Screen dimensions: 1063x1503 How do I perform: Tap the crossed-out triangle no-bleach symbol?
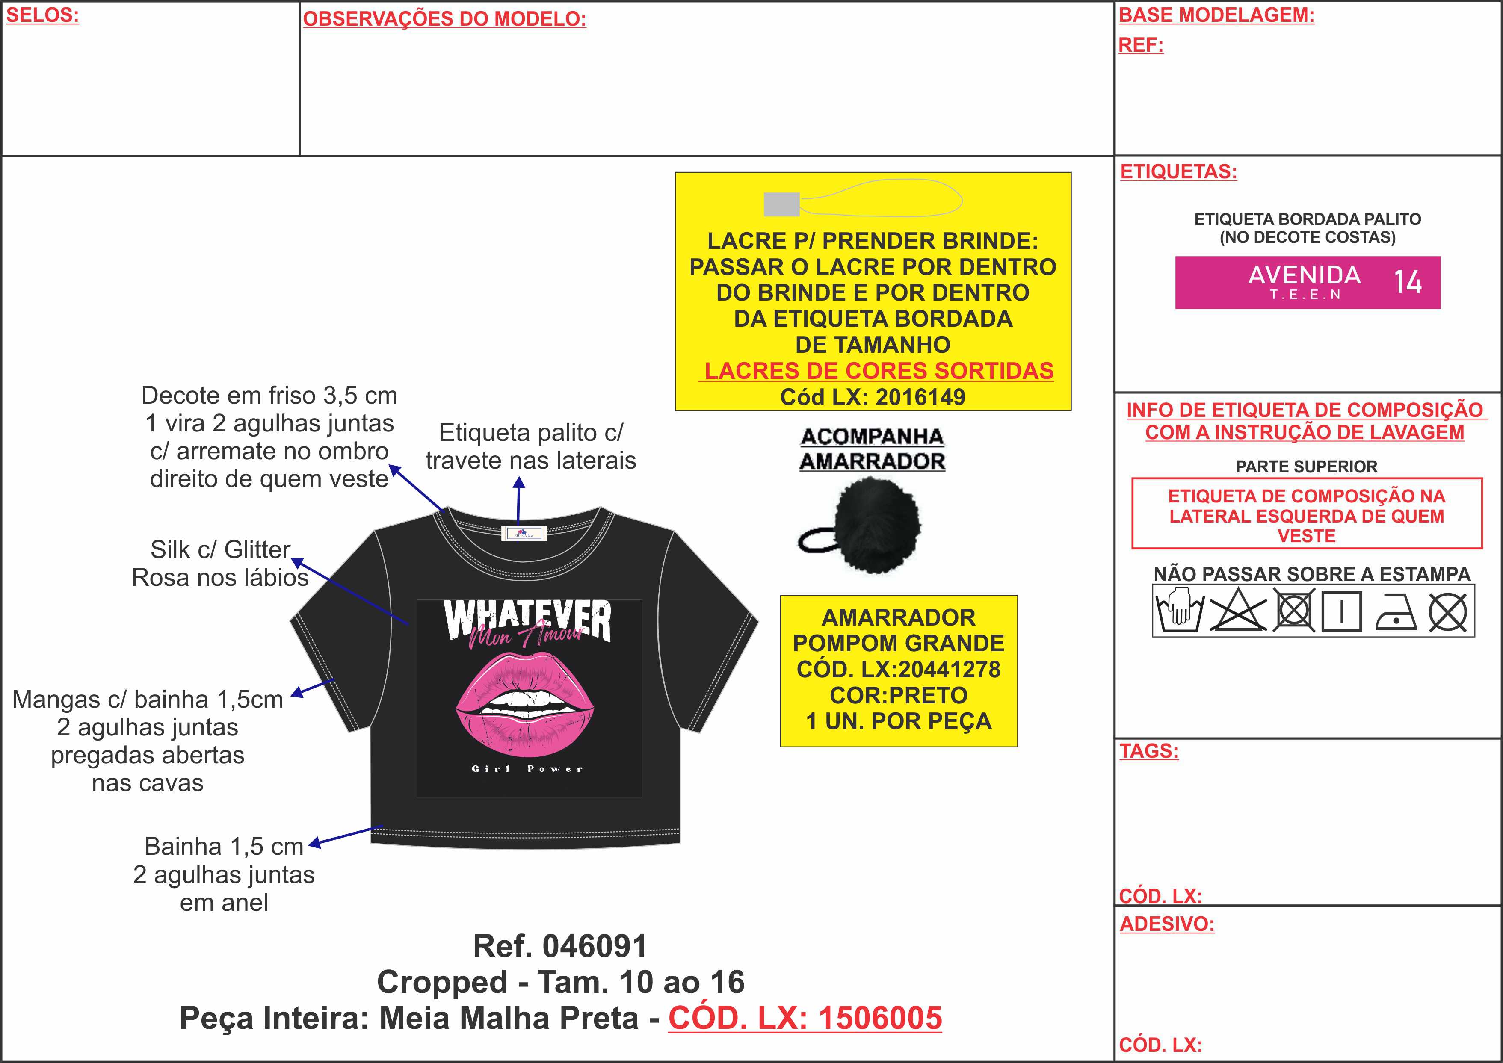click(1237, 611)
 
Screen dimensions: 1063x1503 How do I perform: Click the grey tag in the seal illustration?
click(781, 204)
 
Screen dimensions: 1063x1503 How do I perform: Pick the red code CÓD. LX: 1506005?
click(805, 1018)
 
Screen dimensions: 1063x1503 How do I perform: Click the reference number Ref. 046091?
click(560, 946)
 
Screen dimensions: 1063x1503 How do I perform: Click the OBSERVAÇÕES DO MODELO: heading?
click(444, 19)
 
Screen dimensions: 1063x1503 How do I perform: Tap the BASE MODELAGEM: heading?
click(1216, 15)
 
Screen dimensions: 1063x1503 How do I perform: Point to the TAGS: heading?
click(1149, 751)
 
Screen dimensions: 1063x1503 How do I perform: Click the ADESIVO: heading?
click(1166, 924)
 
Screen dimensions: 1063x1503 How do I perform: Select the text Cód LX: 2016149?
click(872, 397)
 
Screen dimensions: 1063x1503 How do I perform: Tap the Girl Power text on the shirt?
click(527, 768)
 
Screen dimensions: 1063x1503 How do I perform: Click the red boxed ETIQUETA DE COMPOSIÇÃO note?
click(1307, 516)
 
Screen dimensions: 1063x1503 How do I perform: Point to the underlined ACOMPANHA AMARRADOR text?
click(872, 449)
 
